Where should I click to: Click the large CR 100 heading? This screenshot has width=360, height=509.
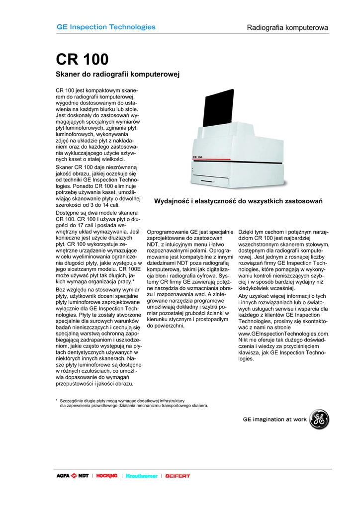click(82, 60)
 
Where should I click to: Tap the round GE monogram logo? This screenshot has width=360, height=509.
click(319, 420)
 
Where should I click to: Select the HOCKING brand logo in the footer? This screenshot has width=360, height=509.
click(107, 476)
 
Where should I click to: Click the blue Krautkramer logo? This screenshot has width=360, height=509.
click(142, 476)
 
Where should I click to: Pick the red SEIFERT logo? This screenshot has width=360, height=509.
click(178, 476)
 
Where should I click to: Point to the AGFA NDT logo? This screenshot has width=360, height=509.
click(73, 476)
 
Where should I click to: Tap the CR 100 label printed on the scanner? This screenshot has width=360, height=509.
click(197, 157)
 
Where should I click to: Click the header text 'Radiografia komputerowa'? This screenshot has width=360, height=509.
click(287, 28)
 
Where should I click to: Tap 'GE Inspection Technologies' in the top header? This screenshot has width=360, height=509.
click(106, 27)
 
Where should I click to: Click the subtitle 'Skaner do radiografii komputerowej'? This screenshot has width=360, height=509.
click(117, 75)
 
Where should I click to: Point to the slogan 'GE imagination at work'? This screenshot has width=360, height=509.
click(274, 420)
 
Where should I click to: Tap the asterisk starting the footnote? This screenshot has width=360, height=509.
click(57, 400)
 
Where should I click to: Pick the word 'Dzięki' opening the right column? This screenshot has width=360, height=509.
click(248, 232)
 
